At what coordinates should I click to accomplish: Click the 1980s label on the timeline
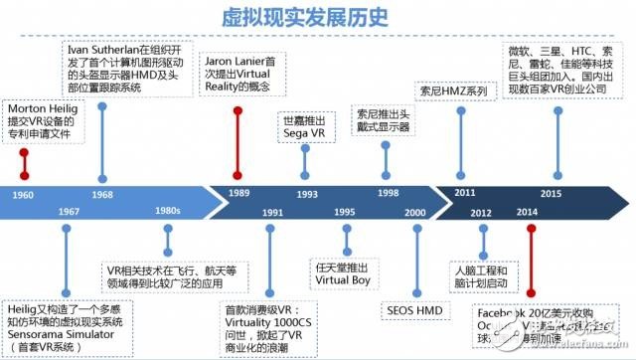pyautogui.click(x=168, y=212)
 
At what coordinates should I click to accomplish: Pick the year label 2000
pyautogui.click(x=414, y=212)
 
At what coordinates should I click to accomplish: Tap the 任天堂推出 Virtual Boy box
pyautogui.click(x=345, y=273)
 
